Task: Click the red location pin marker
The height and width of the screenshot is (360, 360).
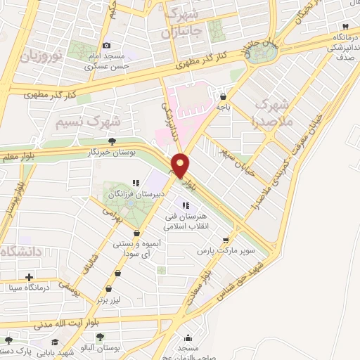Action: pyautogui.click(x=181, y=166)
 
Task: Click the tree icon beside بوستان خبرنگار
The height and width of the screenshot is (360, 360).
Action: pyautogui.click(x=112, y=142)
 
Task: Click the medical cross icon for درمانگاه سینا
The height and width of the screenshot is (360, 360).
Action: pyautogui.click(x=28, y=276)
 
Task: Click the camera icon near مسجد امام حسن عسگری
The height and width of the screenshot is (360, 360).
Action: pyautogui.click(x=106, y=46)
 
